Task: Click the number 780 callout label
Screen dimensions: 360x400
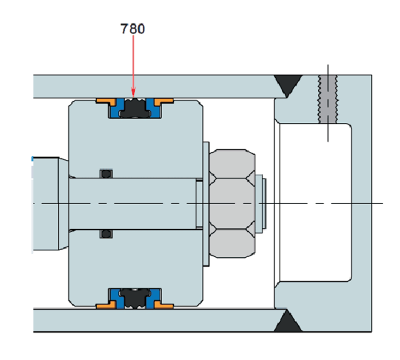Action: point(132,29)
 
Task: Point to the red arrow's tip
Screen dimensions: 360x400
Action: point(133,95)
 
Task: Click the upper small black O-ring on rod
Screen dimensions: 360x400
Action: point(105,173)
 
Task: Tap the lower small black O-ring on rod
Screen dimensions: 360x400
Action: point(105,234)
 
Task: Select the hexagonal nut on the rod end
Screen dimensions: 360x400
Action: point(232,204)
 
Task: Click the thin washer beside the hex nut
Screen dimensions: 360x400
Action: point(206,204)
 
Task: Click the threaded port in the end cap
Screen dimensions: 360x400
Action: point(328,100)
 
